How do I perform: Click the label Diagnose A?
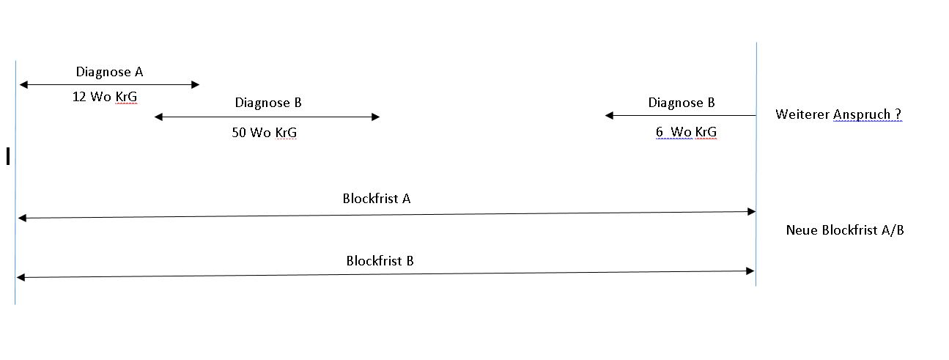109,72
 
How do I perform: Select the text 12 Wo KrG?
105,97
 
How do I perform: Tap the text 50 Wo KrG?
265,133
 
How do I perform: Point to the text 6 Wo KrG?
686,132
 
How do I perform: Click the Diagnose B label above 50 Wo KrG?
268,103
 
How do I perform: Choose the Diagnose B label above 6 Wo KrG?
682,103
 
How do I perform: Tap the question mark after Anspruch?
898,114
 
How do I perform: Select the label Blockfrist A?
377,199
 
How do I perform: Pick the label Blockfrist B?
380,261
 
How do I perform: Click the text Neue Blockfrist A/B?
845,230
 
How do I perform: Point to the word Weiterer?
802,114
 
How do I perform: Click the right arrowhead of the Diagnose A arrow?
195,84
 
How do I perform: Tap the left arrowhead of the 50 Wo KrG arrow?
159,117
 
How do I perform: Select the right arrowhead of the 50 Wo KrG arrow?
375,117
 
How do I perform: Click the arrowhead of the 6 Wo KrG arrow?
609,115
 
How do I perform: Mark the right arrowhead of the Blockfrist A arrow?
751,211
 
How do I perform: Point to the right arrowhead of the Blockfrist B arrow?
750,271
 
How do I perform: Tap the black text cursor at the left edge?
8,155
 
